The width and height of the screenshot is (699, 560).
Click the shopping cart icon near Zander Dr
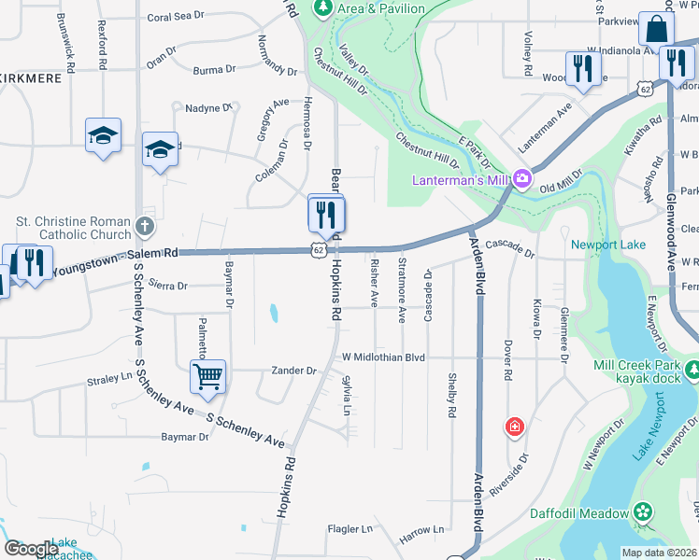click(207, 378)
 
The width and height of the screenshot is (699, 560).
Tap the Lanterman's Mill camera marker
click(521, 178)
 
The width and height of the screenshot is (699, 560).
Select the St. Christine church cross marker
click(145, 226)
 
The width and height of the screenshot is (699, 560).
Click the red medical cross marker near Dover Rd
click(514, 427)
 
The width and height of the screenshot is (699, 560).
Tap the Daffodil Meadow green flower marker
click(642, 511)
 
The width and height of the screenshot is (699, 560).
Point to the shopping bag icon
click(657, 30)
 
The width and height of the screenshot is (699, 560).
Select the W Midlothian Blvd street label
click(383, 357)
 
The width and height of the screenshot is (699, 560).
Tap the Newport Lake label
click(608, 245)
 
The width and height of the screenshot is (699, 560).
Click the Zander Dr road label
click(294, 371)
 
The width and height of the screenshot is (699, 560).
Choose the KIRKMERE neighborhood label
click(31, 78)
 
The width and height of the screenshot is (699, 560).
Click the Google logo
click(31, 549)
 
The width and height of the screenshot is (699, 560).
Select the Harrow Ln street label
click(422, 530)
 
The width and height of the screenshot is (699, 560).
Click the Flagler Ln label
click(349, 529)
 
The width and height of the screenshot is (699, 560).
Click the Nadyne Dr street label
click(207, 108)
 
